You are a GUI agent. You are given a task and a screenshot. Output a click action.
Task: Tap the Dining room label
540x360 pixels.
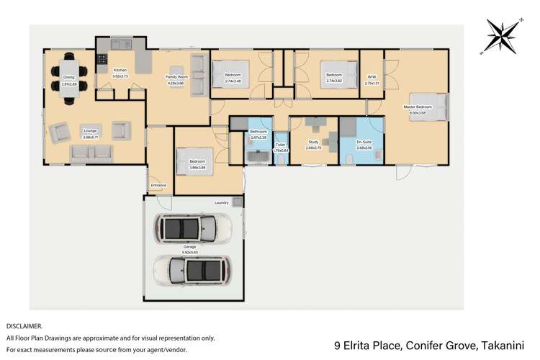click(69, 77)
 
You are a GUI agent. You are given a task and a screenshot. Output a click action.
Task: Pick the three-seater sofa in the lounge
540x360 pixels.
click(91, 153)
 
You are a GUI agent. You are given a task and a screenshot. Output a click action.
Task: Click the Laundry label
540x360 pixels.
click(221, 203)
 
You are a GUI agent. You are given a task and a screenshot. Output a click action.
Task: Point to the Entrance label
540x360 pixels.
click(158, 185)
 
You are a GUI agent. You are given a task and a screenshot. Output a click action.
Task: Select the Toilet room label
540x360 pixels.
click(280, 145)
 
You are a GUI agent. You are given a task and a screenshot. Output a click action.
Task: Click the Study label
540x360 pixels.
click(314, 142)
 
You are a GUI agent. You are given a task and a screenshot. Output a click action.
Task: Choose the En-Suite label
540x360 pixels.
click(364, 142)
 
